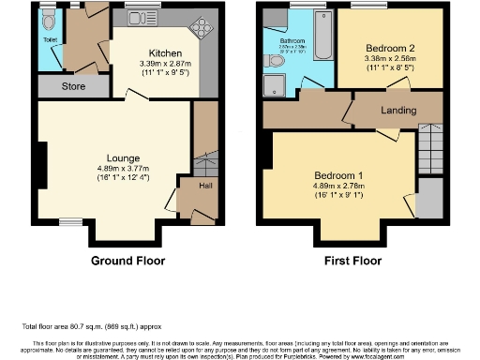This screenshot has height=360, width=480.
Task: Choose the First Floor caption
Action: (x=352, y=260)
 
